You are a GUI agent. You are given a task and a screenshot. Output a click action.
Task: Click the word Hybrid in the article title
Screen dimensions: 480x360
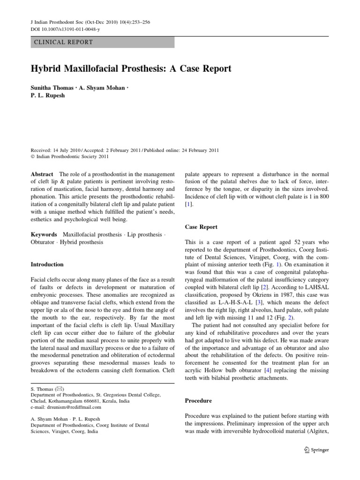(46, 68)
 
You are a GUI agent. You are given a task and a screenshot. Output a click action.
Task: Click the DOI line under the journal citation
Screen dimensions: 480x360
(60, 29)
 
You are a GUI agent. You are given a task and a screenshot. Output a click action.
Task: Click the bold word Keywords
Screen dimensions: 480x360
(44, 234)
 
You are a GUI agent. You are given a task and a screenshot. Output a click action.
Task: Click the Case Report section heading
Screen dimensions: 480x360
(202, 227)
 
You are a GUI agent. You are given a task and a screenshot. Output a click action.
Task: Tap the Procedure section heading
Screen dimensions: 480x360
(199, 401)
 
